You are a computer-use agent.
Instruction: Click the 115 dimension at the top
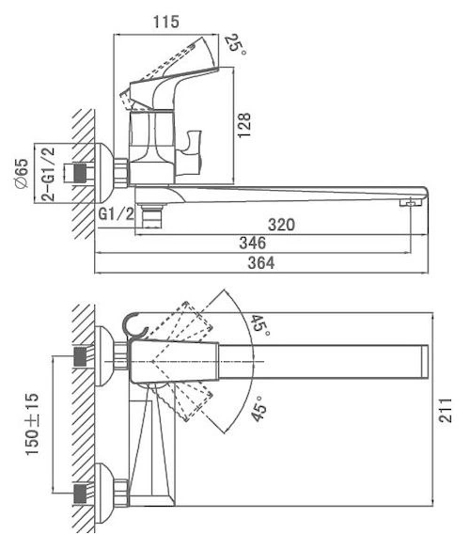click(x=166, y=22)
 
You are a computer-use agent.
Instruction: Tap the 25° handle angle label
click(x=235, y=44)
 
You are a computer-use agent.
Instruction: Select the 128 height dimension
click(x=244, y=125)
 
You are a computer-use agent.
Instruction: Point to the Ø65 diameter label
click(x=22, y=173)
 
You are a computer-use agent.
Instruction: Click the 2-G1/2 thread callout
click(x=48, y=174)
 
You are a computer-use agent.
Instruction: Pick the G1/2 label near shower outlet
click(x=117, y=213)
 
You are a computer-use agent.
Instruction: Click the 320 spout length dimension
click(x=281, y=225)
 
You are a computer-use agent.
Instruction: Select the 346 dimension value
click(x=253, y=243)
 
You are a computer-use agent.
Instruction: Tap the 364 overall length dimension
click(x=261, y=262)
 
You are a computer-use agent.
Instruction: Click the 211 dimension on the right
click(x=446, y=410)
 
